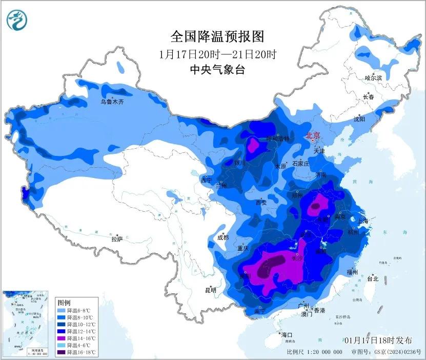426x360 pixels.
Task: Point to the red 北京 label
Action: tap(312, 136)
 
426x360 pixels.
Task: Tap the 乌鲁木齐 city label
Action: tap(112, 102)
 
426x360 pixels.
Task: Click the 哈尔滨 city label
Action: tap(374, 78)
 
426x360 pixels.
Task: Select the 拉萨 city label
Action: tap(117, 239)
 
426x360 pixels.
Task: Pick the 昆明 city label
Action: tap(211, 290)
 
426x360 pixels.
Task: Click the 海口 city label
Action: tap(287, 335)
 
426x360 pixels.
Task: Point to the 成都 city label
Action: tap(222, 237)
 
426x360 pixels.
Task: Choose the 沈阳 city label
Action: tap(359, 119)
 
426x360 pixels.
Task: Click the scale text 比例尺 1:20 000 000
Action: tap(315, 353)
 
